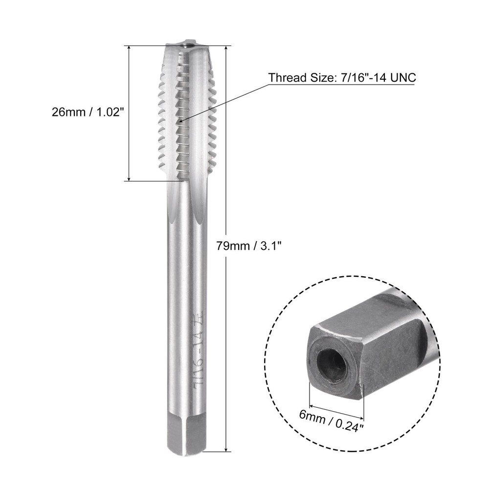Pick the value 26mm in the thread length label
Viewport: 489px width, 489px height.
[x=68, y=112]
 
